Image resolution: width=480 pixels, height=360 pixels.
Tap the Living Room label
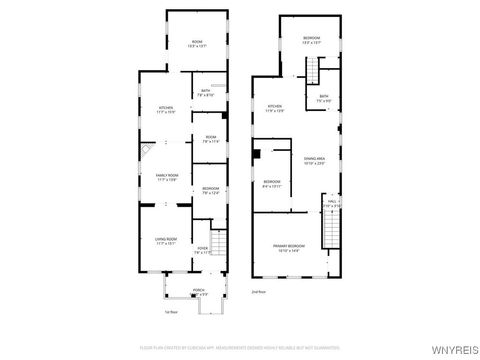point(166,238)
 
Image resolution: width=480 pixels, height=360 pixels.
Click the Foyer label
point(203,250)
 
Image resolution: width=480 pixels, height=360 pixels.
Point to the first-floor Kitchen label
point(166,107)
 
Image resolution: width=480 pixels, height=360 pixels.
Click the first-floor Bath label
point(205,93)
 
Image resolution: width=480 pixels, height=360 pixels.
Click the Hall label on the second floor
point(332,202)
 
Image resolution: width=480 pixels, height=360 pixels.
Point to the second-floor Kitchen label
point(274,107)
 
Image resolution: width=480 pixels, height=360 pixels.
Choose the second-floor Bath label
point(324,97)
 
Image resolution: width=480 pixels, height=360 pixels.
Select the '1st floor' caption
point(170,311)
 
